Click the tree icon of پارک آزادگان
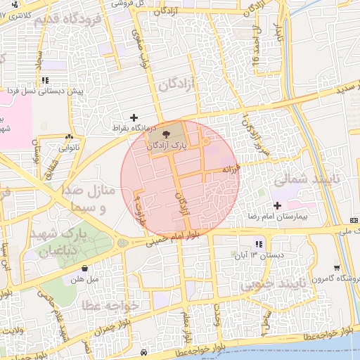pos(166,134)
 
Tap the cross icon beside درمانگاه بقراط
pos(134,117)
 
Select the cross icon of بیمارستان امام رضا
pos(276,206)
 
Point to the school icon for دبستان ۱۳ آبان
pos(259,244)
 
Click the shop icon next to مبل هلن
pos(85,267)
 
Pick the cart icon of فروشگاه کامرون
pos(337,267)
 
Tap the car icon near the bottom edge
pos(143,352)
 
